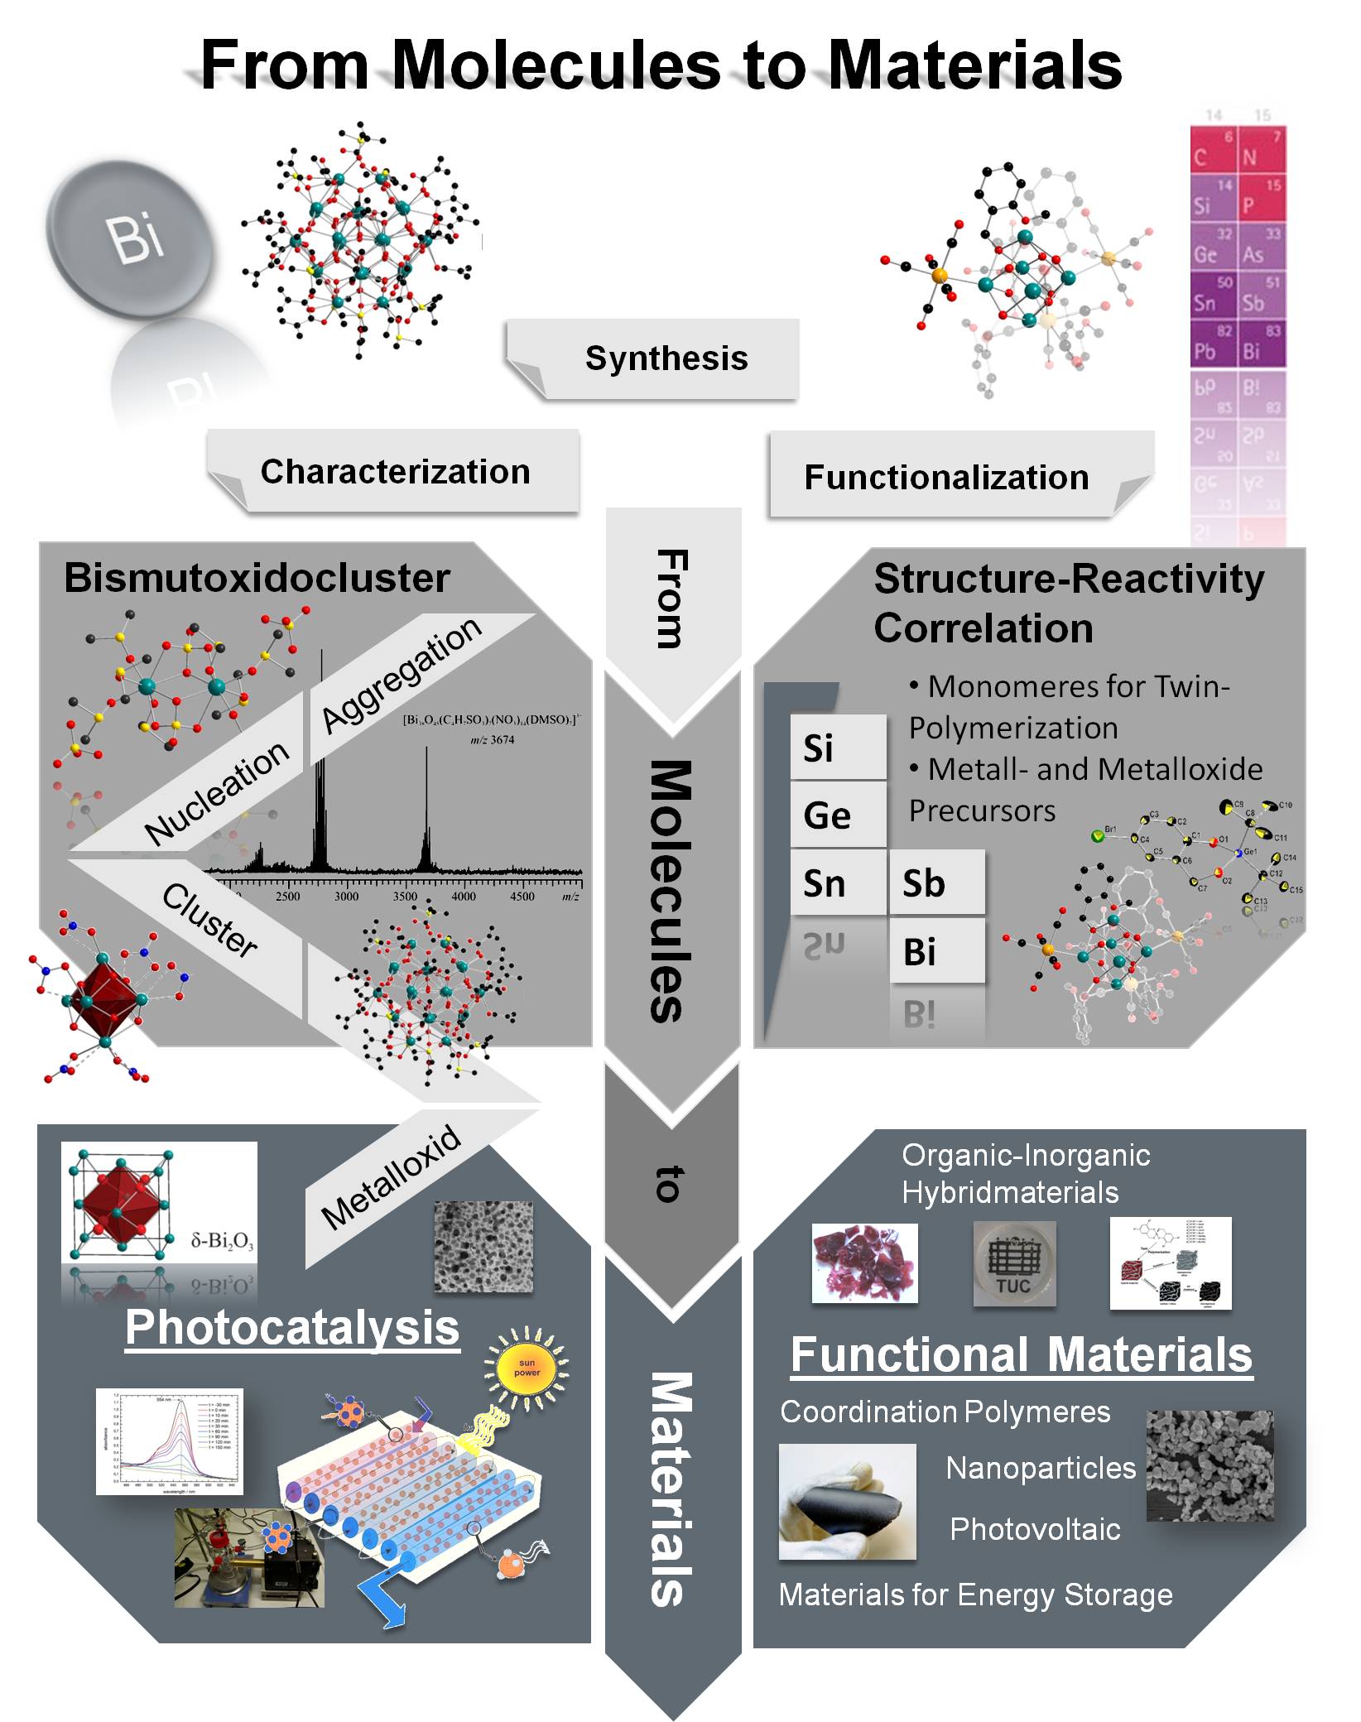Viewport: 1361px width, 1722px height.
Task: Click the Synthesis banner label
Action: click(x=666, y=358)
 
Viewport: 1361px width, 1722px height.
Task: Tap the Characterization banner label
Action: click(x=395, y=472)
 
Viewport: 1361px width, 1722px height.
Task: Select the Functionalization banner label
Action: click(x=946, y=478)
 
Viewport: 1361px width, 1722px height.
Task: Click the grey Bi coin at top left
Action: click(x=131, y=237)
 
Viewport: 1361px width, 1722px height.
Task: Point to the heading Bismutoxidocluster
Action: click(x=257, y=578)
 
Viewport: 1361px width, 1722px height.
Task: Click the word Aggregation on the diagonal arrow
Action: click(x=402, y=675)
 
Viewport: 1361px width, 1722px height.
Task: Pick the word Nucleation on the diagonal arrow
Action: click(x=217, y=792)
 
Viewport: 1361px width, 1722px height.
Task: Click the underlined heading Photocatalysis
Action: click(x=292, y=1328)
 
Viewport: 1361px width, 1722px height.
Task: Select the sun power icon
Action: click(x=527, y=1367)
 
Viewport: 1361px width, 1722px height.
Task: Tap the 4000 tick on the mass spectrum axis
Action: click(x=464, y=897)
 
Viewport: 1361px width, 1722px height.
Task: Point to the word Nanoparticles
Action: click(x=1041, y=1468)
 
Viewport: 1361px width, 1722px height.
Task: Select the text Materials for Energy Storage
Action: click(x=975, y=1595)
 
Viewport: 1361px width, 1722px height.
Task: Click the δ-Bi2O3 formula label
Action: click(x=221, y=1240)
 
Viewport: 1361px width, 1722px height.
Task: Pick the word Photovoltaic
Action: click(x=1035, y=1529)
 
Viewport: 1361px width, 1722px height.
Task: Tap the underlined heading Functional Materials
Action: click(x=1022, y=1355)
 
